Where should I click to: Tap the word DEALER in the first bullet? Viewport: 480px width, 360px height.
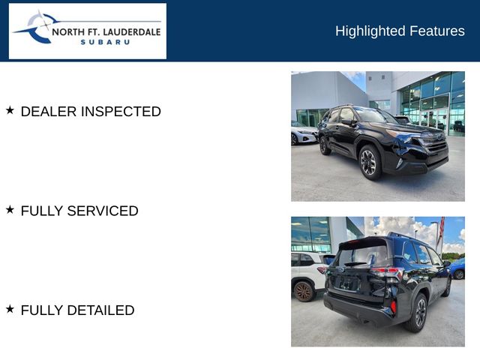49,112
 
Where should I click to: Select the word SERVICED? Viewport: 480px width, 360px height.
103,211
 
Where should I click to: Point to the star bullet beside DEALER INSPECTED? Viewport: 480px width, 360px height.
10,110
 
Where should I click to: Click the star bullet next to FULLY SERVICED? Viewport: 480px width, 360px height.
10,210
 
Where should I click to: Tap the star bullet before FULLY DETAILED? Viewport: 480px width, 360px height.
10,309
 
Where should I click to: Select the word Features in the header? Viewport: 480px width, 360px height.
437,31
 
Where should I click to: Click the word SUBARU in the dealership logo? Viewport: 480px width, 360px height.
105,42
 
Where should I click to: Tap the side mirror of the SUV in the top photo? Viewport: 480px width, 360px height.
350,123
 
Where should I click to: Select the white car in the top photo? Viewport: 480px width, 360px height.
304,135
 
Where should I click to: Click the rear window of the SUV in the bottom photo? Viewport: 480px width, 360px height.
353,256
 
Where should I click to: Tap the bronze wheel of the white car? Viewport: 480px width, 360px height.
303,290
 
